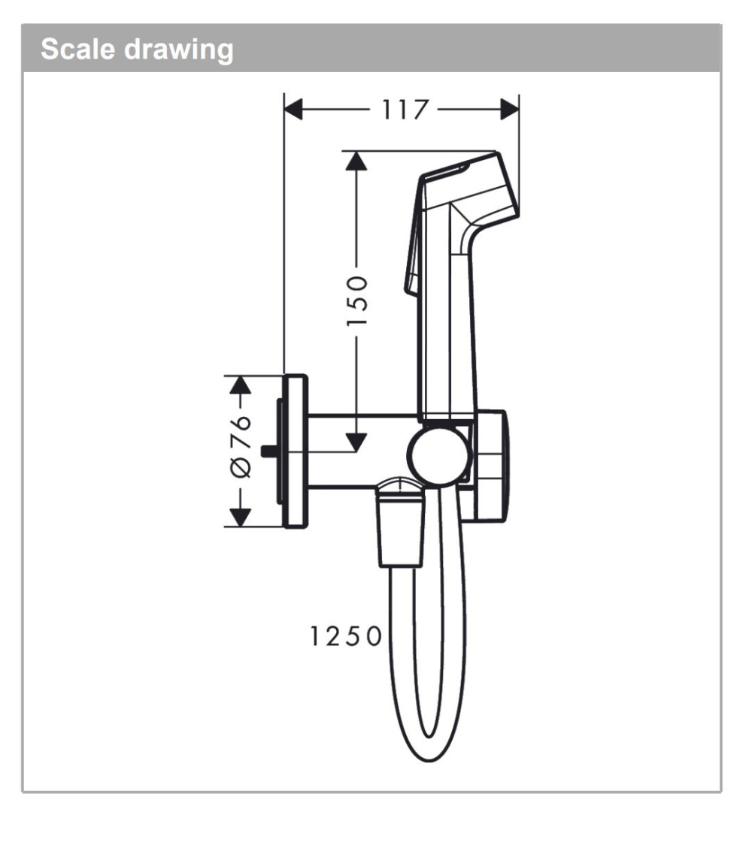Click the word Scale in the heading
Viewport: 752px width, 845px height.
(x=77, y=50)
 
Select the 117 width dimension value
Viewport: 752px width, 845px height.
(x=403, y=110)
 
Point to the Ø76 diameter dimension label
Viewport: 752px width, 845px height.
(x=240, y=446)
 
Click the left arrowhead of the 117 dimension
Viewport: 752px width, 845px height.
(x=293, y=110)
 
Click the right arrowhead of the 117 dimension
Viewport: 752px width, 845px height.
(x=510, y=110)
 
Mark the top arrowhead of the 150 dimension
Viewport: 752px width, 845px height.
(x=356, y=161)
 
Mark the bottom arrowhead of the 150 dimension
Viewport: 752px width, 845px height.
(x=356, y=442)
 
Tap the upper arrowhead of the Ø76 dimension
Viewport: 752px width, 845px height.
(x=239, y=385)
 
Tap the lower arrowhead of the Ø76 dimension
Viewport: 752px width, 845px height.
(x=239, y=517)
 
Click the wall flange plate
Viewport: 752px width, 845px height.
(x=295, y=451)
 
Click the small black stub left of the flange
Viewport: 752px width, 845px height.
(x=267, y=451)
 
